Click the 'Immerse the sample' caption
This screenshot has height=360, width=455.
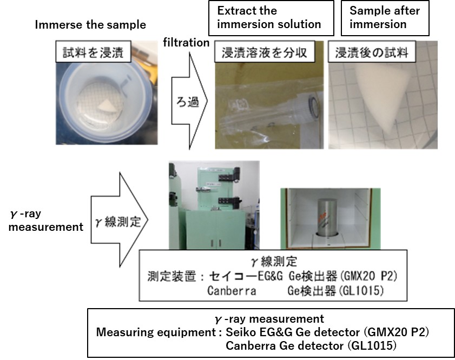coord(90,25)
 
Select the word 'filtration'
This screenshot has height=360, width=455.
coord(186,42)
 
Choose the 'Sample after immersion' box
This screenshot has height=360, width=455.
coord(385,17)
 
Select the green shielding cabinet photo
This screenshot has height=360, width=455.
coord(214,205)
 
